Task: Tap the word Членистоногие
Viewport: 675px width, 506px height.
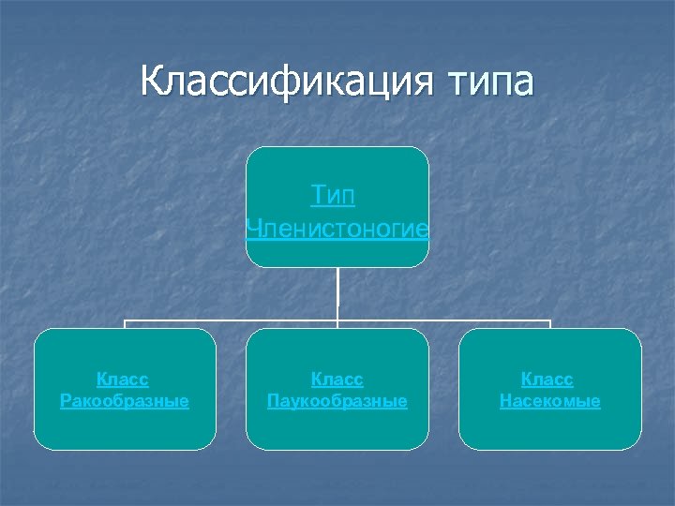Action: click(337, 229)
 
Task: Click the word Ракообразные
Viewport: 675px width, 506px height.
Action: click(124, 401)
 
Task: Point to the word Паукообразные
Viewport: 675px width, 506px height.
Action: click(337, 401)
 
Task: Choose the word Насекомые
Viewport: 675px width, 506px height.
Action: click(550, 401)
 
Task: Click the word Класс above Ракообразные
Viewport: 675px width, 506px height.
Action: click(123, 379)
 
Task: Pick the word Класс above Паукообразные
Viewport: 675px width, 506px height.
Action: click(337, 379)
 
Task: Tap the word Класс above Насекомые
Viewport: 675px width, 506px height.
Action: click(547, 379)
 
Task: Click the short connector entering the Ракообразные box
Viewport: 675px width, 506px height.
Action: click(126, 324)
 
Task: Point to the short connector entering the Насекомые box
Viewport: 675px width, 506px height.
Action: click(550, 324)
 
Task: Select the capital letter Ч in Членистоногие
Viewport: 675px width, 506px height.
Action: click(250, 229)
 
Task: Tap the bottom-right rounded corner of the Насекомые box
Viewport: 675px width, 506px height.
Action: click(637, 445)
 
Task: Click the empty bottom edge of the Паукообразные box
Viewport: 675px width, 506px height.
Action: click(337, 449)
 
